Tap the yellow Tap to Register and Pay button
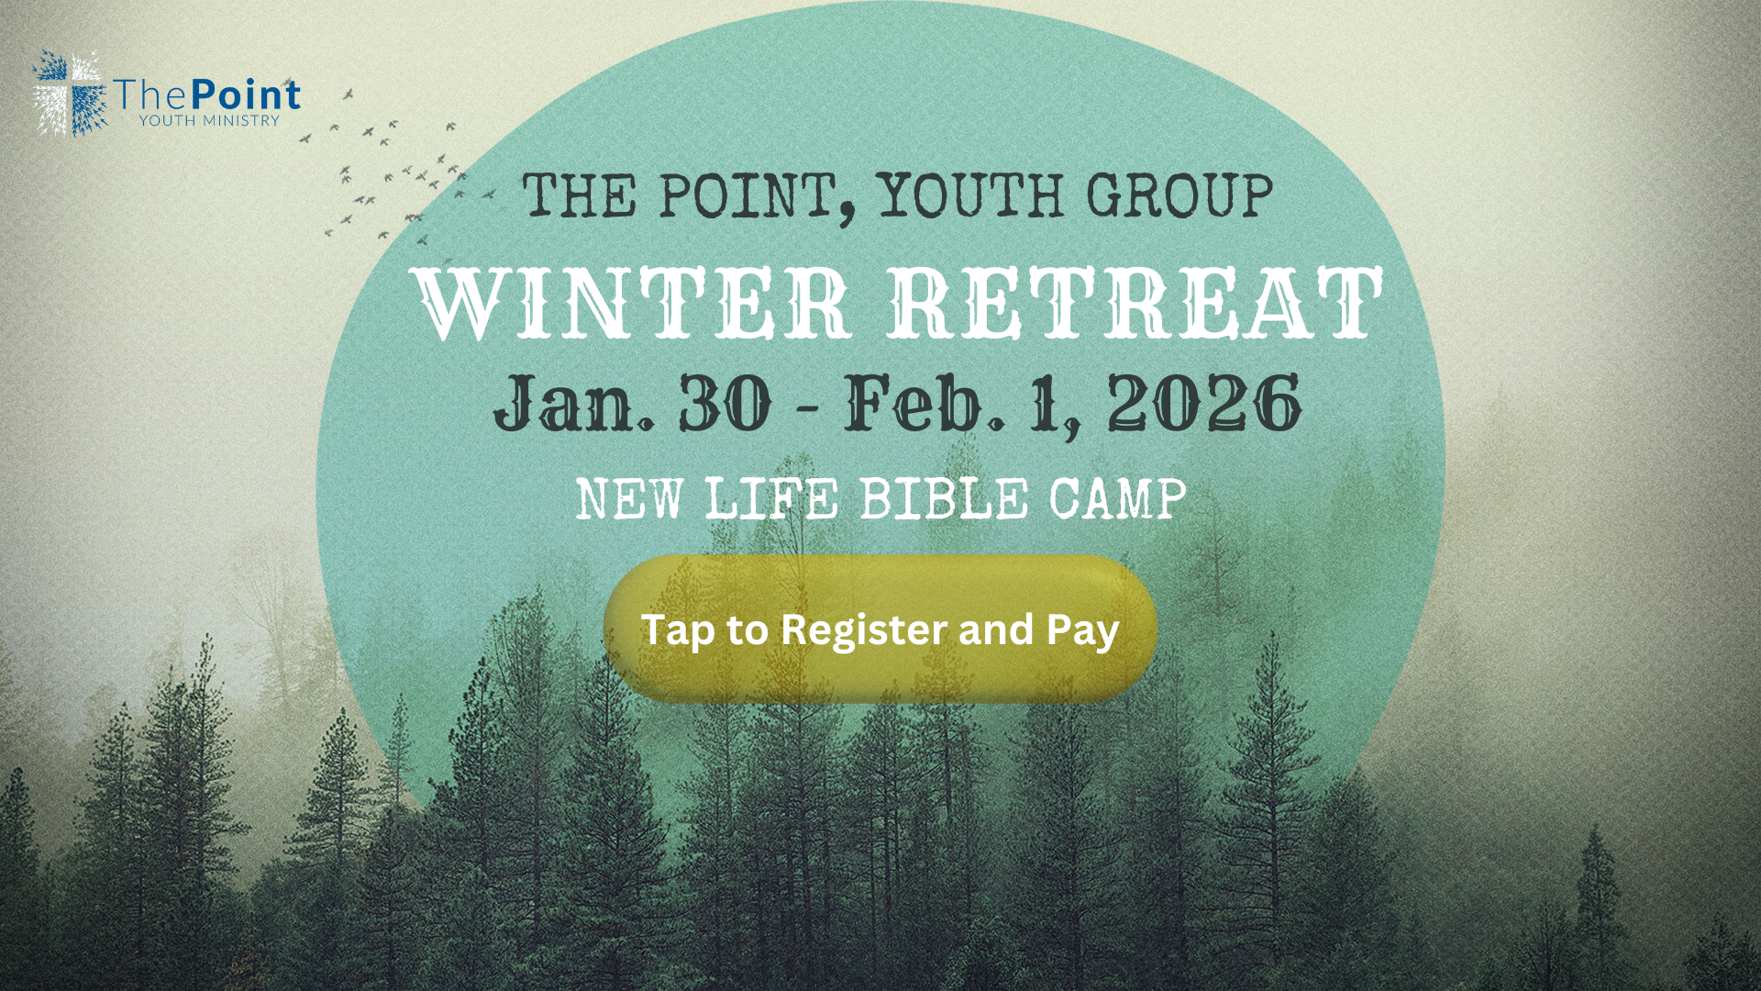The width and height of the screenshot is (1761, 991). coord(880,629)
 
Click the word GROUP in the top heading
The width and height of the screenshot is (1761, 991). coord(1180,196)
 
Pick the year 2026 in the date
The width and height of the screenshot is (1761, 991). coord(1203,404)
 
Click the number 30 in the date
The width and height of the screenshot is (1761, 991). coord(725,404)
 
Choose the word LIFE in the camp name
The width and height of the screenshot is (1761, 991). coord(771,500)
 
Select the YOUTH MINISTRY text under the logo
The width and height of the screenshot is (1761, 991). coord(209,120)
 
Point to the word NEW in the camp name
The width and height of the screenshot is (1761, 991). coord(629,500)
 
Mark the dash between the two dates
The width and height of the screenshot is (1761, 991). coord(807,406)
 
